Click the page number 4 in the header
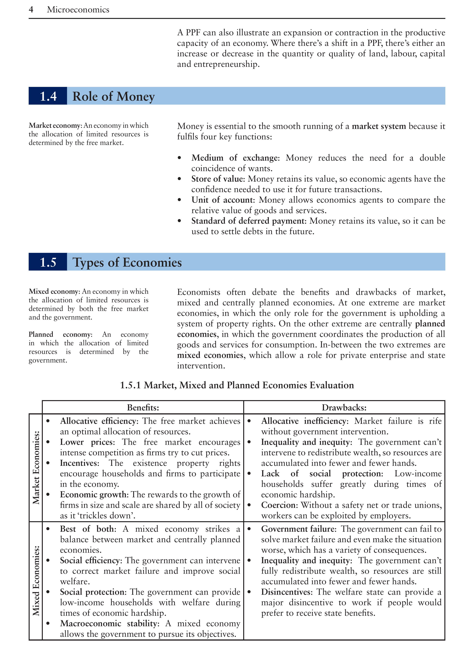[x=31, y=10]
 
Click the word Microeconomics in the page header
[x=78, y=10]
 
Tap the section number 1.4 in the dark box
[x=48, y=96]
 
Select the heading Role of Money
[x=113, y=96]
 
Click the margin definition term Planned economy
[x=60, y=334]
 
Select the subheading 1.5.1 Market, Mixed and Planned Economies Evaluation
[x=237, y=385]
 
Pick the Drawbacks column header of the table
[x=344, y=407]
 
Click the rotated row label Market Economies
[x=36, y=468]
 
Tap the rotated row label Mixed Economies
[x=36, y=580]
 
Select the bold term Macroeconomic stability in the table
[x=109, y=624]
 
